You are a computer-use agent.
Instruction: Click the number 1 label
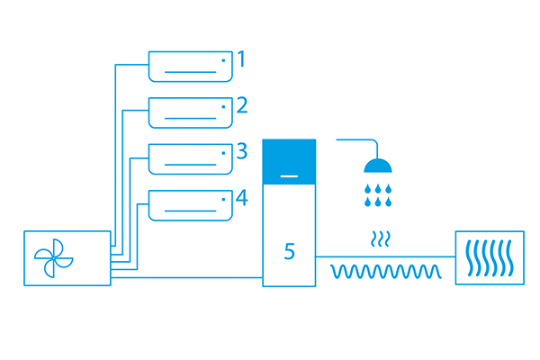click(x=242, y=58)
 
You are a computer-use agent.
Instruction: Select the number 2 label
click(x=242, y=105)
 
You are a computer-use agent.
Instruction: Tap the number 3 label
click(x=242, y=151)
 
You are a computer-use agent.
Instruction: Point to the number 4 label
click(x=242, y=198)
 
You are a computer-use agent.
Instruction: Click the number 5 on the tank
click(x=289, y=251)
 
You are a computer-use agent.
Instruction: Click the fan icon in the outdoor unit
click(x=53, y=258)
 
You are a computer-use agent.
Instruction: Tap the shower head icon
click(x=378, y=165)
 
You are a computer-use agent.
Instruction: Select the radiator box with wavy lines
click(x=490, y=257)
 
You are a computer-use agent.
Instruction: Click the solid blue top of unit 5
click(x=289, y=162)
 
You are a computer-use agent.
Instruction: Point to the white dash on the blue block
click(x=289, y=176)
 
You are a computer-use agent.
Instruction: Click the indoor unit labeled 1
click(x=191, y=67)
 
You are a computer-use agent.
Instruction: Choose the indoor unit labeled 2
click(x=191, y=112)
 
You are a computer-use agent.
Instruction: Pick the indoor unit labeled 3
click(x=191, y=158)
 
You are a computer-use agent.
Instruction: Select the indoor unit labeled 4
click(x=191, y=205)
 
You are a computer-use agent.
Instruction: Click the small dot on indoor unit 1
click(x=223, y=60)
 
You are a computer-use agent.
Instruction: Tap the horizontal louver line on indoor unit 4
click(x=191, y=211)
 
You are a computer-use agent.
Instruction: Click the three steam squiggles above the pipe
click(x=380, y=238)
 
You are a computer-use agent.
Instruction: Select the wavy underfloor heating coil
click(x=386, y=272)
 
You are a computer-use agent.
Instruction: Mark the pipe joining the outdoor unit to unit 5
click(x=186, y=277)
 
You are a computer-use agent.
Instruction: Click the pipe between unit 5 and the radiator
click(x=385, y=256)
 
